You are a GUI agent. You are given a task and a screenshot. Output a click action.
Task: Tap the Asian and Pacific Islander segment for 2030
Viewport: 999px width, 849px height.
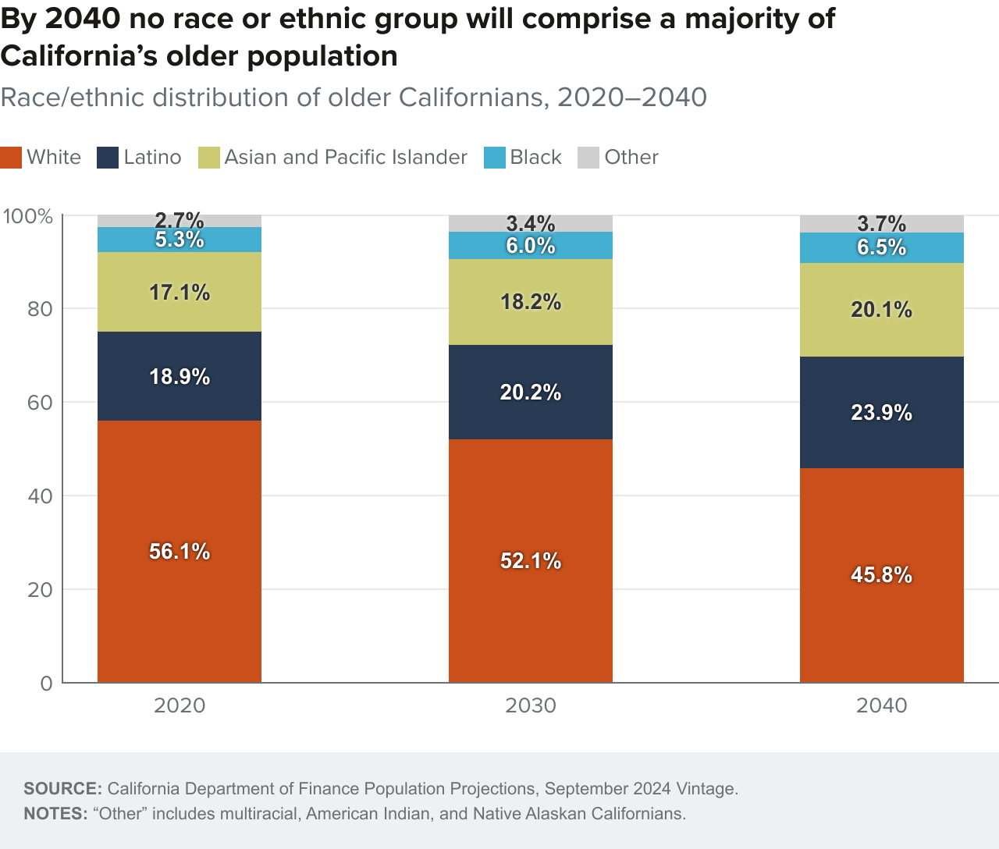pos(530,324)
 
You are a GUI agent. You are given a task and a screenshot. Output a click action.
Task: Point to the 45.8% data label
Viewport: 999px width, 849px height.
pos(881,575)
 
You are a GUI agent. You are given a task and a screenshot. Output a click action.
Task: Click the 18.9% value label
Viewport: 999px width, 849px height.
pos(180,377)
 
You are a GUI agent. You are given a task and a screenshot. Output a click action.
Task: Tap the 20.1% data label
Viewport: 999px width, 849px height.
pos(881,310)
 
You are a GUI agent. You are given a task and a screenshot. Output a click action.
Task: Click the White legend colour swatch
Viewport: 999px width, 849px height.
pos(11,158)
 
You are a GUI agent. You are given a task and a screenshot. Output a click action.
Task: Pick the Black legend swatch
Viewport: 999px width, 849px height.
pos(495,158)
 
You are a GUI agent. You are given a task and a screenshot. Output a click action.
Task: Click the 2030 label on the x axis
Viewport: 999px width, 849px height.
pos(530,706)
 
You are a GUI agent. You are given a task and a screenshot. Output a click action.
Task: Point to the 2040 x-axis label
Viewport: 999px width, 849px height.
pos(881,706)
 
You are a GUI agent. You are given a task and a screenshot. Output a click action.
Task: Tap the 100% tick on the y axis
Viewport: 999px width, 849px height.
pos(28,216)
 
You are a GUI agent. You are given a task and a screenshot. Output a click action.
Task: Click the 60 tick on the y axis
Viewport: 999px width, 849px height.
pos(40,403)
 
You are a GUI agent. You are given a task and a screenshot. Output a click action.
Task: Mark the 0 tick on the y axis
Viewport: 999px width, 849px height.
pos(46,684)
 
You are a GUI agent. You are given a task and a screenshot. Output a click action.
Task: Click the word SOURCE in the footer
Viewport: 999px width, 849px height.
pos(62,788)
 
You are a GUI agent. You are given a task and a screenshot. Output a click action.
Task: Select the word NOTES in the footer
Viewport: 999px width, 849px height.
pos(55,814)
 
